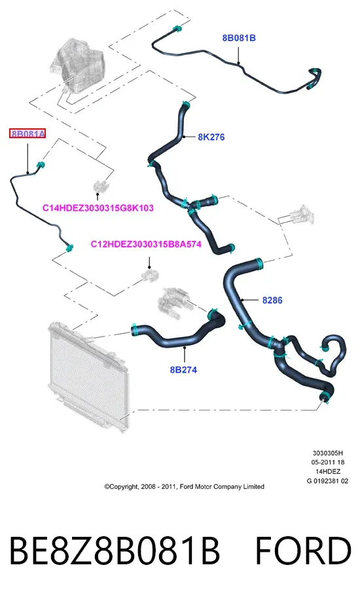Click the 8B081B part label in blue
(239, 38)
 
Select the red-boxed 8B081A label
(27, 134)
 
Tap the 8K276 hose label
(211, 137)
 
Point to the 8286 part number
(272, 300)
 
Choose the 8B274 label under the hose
(184, 369)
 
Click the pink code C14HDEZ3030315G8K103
(98, 208)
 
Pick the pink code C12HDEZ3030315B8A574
(146, 244)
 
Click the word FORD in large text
(303, 551)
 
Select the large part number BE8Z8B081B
(114, 551)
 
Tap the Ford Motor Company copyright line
(185, 486)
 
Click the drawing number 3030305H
(328, 453)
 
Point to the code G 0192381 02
(327, 481)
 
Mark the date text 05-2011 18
(328, 462)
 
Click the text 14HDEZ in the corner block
(328, 472)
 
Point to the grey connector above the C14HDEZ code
(100, 187)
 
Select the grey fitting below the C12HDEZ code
(150, 275)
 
